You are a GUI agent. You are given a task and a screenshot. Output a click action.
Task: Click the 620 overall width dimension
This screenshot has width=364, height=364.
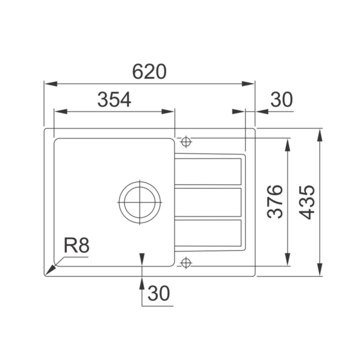coord(149,72)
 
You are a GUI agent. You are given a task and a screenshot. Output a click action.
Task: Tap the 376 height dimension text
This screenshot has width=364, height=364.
coord(275,201)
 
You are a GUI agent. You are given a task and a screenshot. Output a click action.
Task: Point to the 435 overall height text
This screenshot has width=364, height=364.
coord(308,202)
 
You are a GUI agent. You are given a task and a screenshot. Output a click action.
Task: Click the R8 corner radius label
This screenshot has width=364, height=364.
coord(76,246)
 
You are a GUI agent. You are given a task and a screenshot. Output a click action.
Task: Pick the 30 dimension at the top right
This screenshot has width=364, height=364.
coord(281,100)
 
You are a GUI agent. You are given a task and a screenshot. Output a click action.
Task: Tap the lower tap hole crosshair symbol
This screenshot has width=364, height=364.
coord(186,262)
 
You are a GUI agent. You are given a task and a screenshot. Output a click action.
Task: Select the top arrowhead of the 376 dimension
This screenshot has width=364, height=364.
coord(288,142)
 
